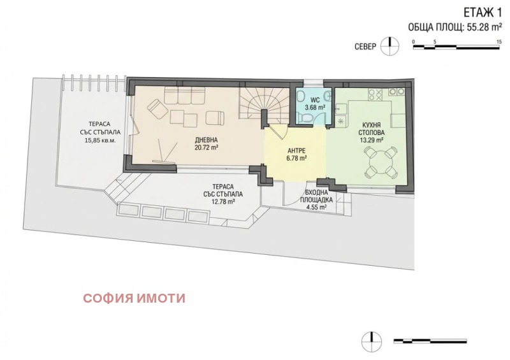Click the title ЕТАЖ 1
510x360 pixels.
click(479, 11)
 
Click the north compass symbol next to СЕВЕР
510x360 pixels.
click(386, 46)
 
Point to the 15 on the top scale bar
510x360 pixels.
click(498, 41)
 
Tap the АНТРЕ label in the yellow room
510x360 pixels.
click(294, 150)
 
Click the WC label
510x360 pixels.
click(315, 99)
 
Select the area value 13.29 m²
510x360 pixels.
click(370, 140)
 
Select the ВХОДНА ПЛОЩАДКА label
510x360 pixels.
click(316, 196)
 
